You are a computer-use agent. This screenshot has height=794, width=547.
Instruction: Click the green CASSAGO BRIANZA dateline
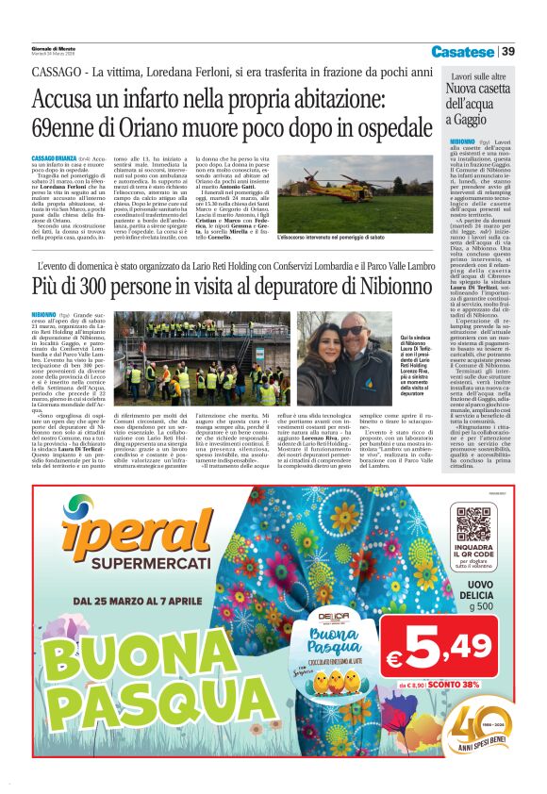57,157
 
